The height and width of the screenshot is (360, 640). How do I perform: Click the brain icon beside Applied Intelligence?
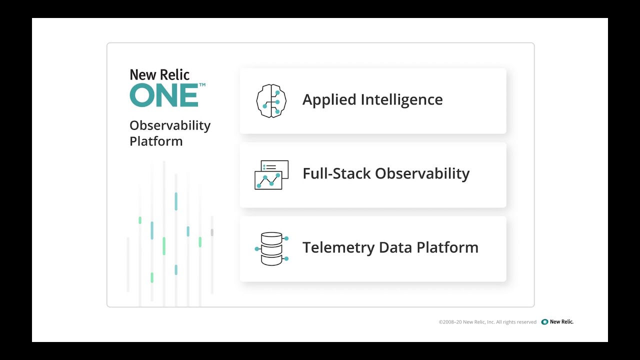tap(271, 100)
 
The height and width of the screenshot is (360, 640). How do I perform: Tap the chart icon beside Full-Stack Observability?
tap(271, 174)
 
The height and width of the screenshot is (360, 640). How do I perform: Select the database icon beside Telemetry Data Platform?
tap(271, 248)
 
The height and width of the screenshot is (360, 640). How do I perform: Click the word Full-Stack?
tap(336, 173)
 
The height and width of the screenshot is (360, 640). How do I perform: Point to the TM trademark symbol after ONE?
tap(202, 85)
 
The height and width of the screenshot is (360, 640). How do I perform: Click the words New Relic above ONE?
tap(159, 75)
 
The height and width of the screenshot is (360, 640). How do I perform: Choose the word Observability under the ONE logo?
tap(170, 125)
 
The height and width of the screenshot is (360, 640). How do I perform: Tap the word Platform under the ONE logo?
tap(156, 141)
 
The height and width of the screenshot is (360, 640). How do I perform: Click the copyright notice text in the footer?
tap(487, 322)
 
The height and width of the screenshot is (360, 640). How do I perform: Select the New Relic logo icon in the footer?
tap(544, 322)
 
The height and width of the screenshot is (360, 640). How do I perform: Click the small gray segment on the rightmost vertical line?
tap(212, 232)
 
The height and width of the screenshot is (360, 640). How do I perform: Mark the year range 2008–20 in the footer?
tap(452, 322)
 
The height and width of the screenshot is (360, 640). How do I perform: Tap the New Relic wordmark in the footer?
tap(561, 322)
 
